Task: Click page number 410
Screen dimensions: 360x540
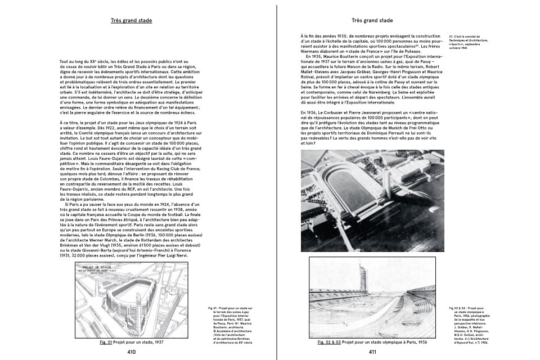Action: tap(131, 352)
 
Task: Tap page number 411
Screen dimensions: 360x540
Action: tap(372, 352)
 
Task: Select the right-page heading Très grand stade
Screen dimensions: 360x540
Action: tap(372, 21)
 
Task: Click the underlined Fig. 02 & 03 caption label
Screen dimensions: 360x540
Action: tap(330, 341)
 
